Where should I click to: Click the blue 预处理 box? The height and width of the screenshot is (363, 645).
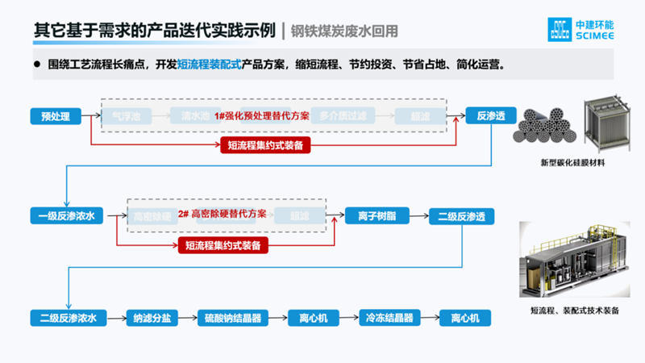coord(56,116)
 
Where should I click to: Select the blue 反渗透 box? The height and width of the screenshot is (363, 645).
coord(490,116)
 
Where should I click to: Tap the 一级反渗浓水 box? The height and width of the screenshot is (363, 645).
coord(67,216)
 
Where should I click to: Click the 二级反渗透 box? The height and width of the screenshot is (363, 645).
coord(466,216)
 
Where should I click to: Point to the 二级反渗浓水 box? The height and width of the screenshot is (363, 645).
coord(67,318)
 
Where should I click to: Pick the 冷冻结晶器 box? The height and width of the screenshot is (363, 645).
coord(389,318)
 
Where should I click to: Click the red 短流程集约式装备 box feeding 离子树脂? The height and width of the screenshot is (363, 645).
coord(223,244)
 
